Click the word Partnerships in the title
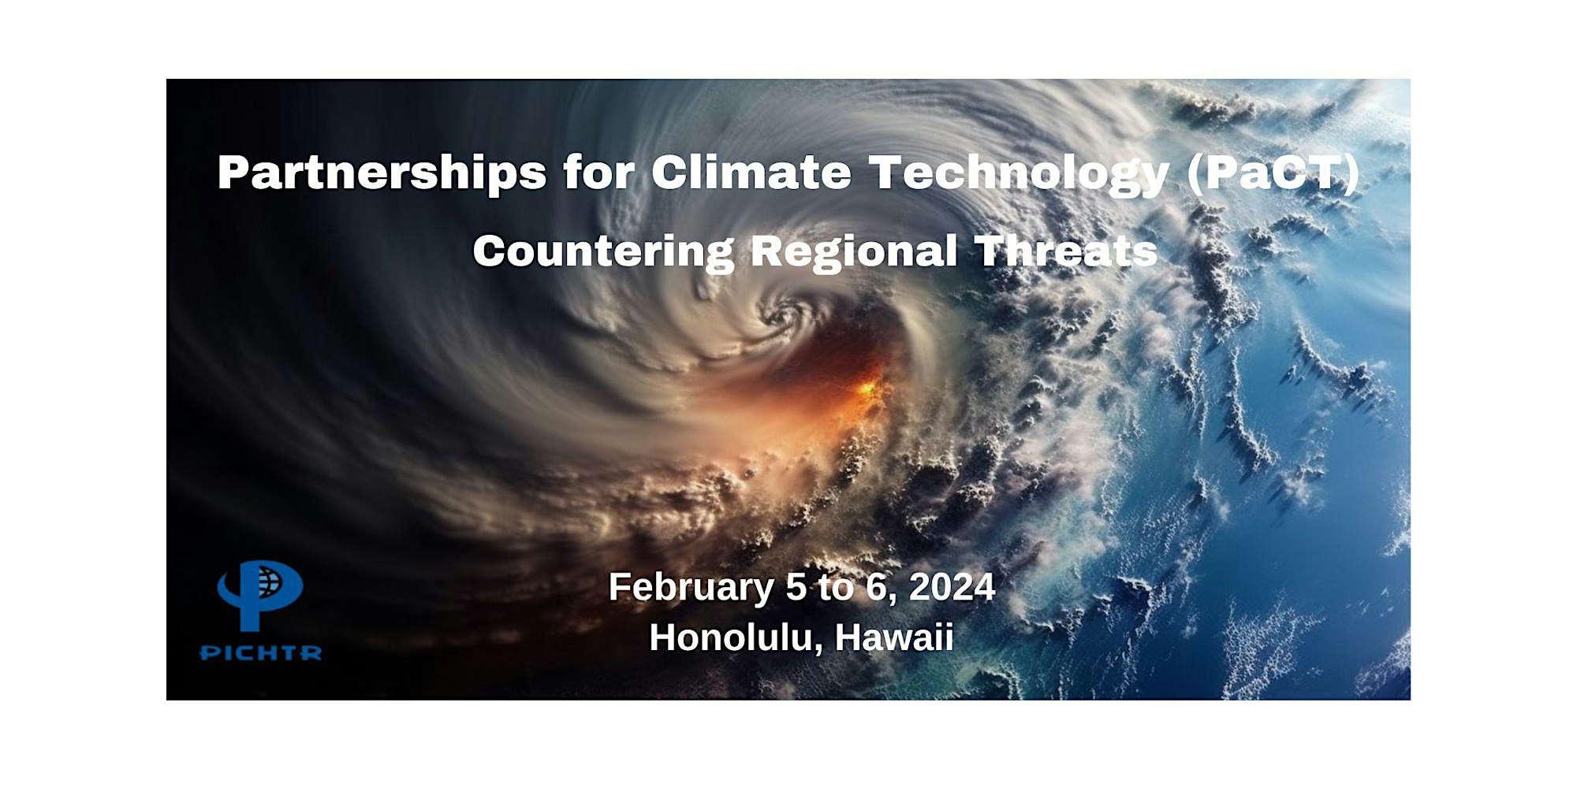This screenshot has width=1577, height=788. tap(382, 173)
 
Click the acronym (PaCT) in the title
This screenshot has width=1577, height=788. tap(1273, 173)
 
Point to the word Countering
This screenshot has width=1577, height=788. tap(603, 252)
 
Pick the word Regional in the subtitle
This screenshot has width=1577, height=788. tap(853, 252)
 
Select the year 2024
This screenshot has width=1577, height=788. tap(952, 587)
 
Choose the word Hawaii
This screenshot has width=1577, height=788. tap(894, 637)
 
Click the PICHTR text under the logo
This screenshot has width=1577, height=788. tap(260, 653)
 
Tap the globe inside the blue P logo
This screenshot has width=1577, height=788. tap(269, 581)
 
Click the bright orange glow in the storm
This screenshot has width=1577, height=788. tap(867, 390)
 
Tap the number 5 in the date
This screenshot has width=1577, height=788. tap(796, 588)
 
